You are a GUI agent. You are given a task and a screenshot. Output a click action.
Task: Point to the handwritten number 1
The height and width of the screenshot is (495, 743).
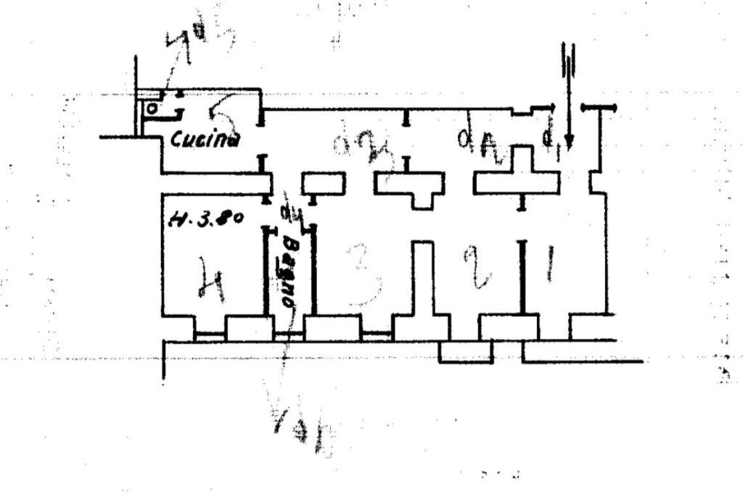click(x=549, y=263)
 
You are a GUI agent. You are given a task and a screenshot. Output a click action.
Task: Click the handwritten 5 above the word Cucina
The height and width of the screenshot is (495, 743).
click(x=222, y=112)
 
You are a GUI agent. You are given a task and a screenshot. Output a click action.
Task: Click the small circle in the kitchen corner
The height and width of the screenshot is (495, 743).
click(x=152, y=109)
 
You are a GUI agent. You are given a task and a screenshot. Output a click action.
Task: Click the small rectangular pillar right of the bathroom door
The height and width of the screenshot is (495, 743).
click(x=323, y=184)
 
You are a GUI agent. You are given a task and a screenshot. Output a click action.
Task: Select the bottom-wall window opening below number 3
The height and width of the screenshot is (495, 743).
click(x=377, y=335)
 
